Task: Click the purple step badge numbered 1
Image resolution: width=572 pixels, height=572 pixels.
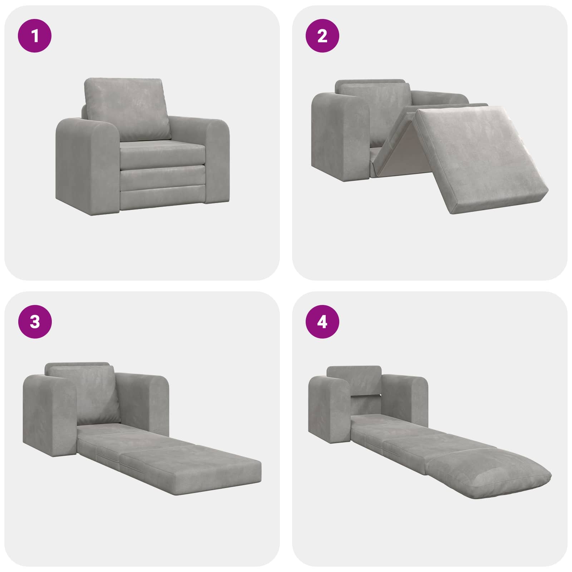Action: tap(35, 36)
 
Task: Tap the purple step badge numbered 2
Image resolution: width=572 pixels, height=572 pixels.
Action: tap(322, 36)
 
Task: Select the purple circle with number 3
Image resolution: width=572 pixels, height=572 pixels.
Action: tap(35, 322)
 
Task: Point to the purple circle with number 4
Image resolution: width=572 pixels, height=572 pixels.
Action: tap(322, 322)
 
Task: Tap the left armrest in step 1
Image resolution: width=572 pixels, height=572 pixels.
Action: tap(87, 164)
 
